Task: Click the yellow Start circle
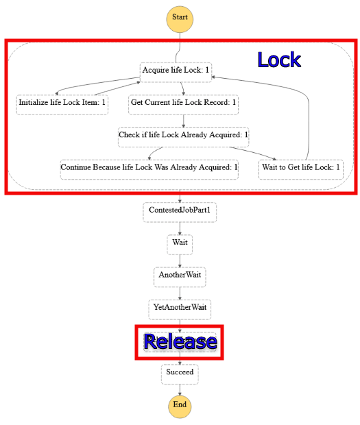180,18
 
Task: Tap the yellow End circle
180,404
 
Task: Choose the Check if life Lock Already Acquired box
183,135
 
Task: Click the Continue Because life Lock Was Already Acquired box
149,167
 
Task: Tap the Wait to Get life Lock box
301,167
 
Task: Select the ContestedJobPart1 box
180,210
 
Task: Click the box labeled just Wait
180,243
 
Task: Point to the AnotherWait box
180,275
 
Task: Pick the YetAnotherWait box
180,307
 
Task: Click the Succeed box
180,373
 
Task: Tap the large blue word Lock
279,60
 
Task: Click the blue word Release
180,341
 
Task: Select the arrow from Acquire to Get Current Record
182,88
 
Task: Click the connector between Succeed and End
180,389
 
